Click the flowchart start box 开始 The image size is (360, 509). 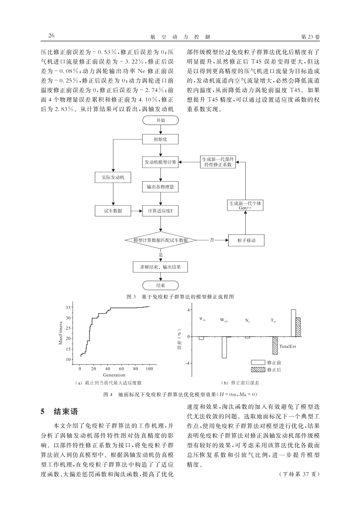point(160,120)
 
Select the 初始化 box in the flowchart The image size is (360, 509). point(160,139)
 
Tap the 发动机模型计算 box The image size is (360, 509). point(160,162)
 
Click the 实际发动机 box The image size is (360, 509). point(113,177)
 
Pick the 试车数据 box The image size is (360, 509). point(113,211)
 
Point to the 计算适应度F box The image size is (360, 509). point(160,211)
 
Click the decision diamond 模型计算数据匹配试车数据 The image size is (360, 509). point(160,240)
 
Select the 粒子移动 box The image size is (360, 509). point(246,241)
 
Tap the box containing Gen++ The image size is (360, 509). point(245,205)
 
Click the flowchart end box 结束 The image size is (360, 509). point(160,285)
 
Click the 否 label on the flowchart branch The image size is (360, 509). point(212,240)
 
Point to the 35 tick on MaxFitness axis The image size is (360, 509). point(68,307)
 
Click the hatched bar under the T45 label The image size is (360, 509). point(275,345)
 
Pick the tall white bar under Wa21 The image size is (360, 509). point(224,347)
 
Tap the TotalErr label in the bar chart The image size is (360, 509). point(288,346)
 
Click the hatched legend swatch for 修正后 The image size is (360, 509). point(258,370)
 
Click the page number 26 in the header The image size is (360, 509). point(51,36)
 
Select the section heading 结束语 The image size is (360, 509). point(66,412)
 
